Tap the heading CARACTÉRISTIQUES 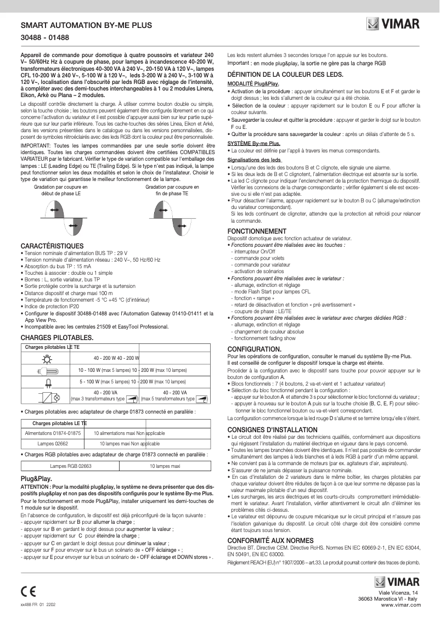(52, 246)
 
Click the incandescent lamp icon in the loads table (46, 358)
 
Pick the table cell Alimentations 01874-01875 (53, 433)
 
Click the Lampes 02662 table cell (53, 443)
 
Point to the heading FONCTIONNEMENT (257, 231)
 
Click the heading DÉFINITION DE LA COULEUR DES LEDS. (286, 74)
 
